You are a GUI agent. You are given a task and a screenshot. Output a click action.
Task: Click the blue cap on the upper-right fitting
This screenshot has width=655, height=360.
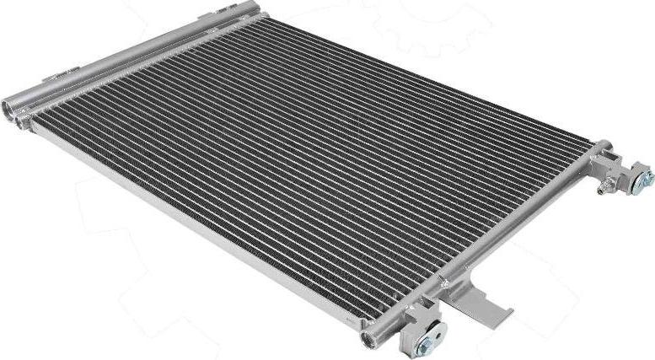[646, 178]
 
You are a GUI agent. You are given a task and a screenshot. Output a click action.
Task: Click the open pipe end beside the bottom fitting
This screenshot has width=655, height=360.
[368, 340]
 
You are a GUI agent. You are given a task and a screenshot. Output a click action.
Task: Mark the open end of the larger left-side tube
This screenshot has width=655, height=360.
[10, 108]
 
